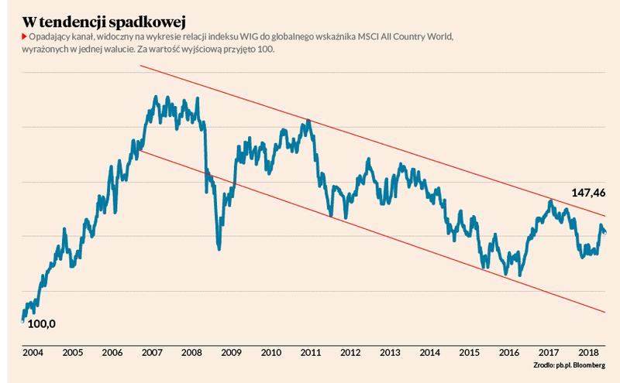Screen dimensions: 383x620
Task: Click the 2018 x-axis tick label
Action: coord(588,353)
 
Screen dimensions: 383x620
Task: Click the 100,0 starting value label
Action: coord(41,323)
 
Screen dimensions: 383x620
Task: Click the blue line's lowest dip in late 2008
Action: coord(219,248)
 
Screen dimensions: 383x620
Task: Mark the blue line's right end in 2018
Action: coord(604,232)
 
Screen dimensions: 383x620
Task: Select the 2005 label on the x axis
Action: coord(73,353)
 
